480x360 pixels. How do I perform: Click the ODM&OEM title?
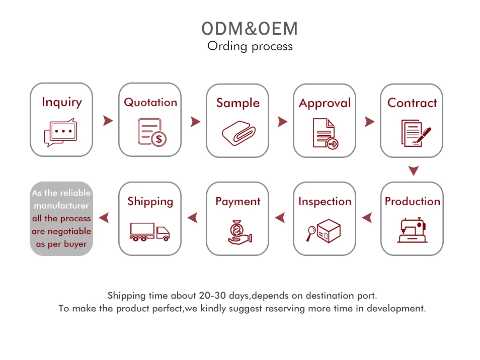[x=250, y=29]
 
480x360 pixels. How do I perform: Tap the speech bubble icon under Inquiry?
[x=61, y=133]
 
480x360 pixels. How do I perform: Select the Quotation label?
[x=150, y=102]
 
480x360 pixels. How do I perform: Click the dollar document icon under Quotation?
[x=152, y=132]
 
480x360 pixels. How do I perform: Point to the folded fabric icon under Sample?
[x=238, y=133]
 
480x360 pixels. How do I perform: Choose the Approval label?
[x=325, y=103]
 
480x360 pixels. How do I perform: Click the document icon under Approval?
[x=325, y=133]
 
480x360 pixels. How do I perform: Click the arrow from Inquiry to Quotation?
[x=107, y=121]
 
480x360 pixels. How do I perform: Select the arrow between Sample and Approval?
[x=282, y=121]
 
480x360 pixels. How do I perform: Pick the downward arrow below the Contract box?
[x=414, y=171]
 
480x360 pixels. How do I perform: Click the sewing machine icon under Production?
[x=412, y=231]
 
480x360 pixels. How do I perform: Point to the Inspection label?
[x=325, y=202]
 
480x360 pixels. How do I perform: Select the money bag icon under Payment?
[x=237, y=231]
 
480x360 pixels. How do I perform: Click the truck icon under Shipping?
[x=149, y=232]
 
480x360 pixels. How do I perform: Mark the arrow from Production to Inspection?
[x=367, y=218]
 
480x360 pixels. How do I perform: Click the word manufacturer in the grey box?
[x=61, y=206]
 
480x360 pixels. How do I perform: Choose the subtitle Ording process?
[x=250, y=46]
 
